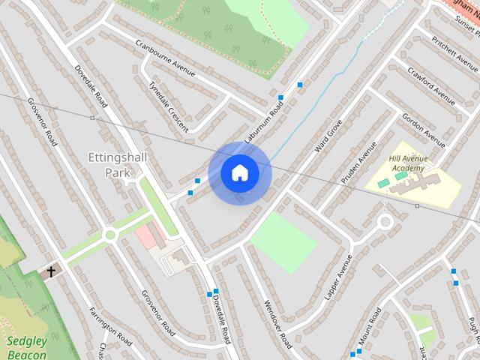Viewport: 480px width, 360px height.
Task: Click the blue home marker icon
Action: click(x=239, y=173)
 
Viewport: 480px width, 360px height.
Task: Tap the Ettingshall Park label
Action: click(x=118, y=165)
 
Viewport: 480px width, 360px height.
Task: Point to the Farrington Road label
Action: click(x=110, y=326)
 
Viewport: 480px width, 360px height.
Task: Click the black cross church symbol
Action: click(x=52, y=271)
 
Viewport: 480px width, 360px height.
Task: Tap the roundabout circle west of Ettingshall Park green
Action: click(x=110, y=235)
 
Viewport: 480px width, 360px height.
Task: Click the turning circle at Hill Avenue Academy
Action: click(x=385, y=222)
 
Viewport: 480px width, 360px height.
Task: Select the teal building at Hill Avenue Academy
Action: click(x=383, y=183)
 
